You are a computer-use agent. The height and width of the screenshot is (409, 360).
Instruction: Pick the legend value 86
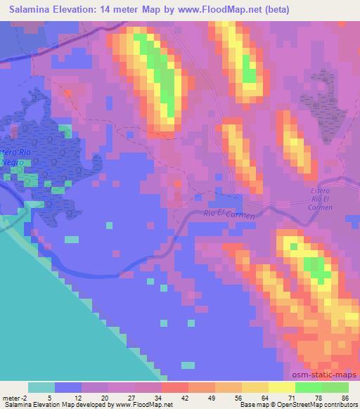344,397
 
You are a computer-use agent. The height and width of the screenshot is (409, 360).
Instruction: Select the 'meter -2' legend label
15,397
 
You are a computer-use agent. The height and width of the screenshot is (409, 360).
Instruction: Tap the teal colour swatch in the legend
41,387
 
